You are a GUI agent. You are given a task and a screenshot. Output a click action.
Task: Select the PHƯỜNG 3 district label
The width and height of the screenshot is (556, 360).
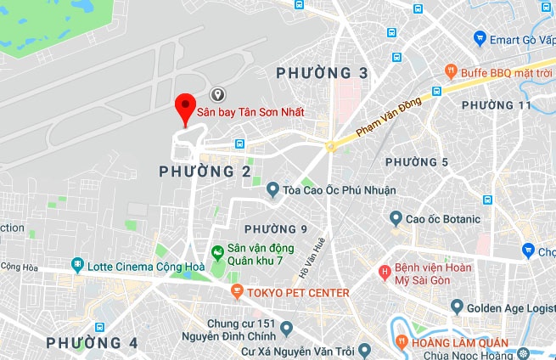[323, 74]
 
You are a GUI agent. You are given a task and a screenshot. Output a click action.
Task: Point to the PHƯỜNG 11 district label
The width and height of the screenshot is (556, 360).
[496, 105]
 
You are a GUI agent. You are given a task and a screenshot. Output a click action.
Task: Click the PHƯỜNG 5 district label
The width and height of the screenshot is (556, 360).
[417, 162]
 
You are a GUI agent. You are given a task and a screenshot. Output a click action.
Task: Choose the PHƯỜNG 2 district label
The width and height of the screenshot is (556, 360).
[205, 172]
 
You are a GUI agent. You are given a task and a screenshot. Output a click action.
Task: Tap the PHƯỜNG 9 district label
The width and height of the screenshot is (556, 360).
[275, 229]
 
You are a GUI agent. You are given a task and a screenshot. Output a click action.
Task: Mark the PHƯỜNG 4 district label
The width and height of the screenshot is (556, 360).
[92, 343]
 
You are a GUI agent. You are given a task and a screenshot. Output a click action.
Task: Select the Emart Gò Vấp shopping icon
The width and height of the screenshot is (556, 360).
[480, 38]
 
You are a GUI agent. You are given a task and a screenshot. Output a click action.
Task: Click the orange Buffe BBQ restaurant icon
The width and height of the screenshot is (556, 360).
[451, 72]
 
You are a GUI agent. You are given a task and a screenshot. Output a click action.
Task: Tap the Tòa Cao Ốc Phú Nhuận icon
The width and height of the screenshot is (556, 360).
[273, 190]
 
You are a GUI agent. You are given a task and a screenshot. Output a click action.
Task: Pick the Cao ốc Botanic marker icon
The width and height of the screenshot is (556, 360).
[396, 219]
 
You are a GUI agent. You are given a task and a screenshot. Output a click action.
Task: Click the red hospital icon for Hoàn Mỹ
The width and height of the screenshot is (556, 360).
[385, 273]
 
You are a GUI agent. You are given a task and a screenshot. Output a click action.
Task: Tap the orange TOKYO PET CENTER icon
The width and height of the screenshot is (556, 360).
[237, 293]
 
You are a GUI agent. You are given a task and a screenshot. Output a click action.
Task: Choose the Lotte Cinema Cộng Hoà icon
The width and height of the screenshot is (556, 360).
[78, 266]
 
